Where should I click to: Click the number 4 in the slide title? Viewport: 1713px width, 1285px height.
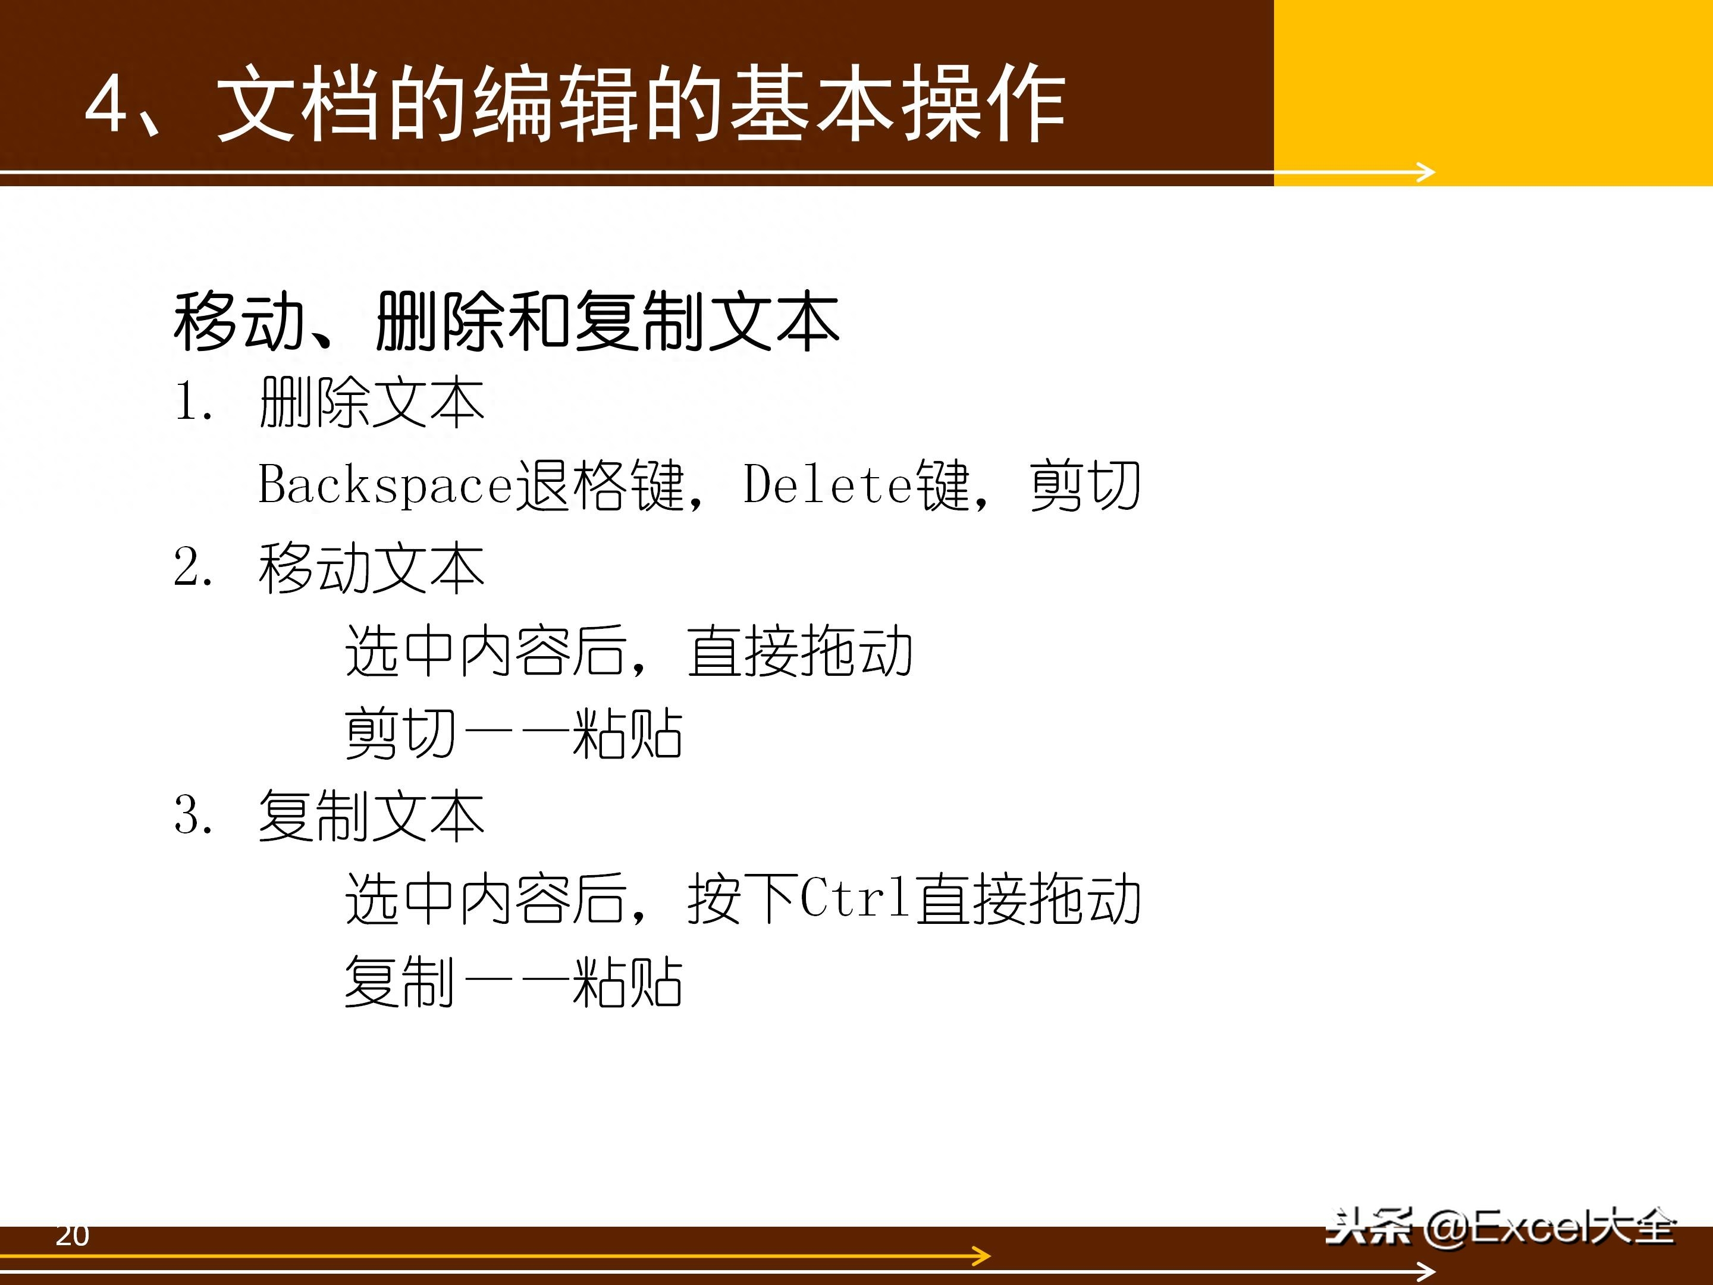(x=106, y=103)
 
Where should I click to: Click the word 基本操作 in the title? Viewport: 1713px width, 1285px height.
(x=897, y=103)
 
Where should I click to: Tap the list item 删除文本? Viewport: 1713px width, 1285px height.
(x=372, y=403)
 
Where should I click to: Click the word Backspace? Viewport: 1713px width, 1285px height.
(x=385, y=485)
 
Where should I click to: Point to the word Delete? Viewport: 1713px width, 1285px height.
(x=829, y=485)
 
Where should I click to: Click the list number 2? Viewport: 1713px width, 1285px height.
(x=193, y=566)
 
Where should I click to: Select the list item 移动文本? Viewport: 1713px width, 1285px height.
(x=372, y=568)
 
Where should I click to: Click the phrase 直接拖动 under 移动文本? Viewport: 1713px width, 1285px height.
(x=800, y=651)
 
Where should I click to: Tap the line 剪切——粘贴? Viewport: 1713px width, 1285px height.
(x=513, y=734)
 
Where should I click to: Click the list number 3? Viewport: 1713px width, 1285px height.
(x=193, y=814)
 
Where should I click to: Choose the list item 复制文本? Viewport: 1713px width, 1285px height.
(x=372, y=816)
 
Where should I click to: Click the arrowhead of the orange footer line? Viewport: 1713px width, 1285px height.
(x=982, y=1256)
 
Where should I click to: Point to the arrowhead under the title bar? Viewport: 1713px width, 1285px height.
(x=1426, y=172)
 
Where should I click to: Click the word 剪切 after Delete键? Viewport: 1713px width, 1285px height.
(x=1085, y=485)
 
